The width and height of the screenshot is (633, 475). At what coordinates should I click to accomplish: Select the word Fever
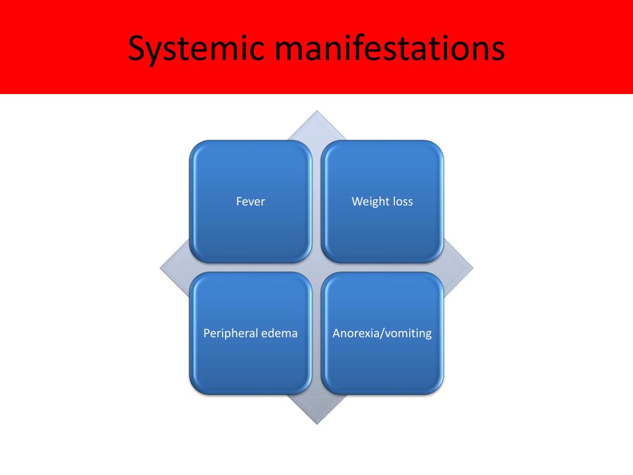point(250,202)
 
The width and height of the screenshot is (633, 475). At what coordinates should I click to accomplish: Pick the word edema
point(279,333)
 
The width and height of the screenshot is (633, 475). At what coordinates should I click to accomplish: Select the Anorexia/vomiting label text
point(382,333)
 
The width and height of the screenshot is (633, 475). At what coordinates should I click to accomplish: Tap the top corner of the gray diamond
point(316,112)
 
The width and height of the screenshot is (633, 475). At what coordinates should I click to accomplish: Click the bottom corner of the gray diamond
point(316,423)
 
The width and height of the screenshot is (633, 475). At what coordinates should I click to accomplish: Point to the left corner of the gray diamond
point(161,268)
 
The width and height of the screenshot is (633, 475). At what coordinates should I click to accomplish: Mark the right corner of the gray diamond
point(472,268)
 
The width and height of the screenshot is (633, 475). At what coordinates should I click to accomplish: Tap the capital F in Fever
point(239,202)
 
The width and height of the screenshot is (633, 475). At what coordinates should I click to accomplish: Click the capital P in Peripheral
point(206,333)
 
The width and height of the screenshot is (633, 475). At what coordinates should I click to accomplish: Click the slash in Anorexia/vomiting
point(381,333)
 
